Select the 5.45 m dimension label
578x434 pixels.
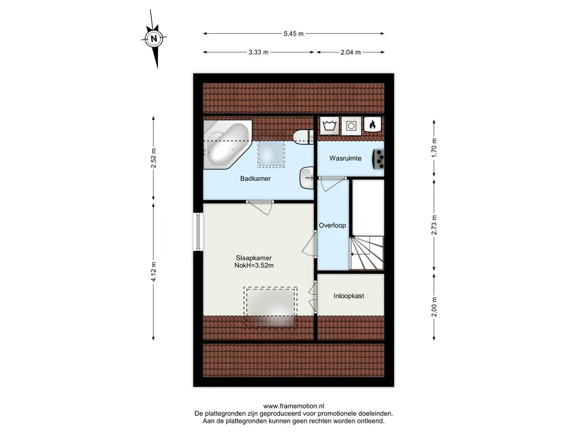[x=294, y=33]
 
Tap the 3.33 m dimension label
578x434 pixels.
[x=258, y=53]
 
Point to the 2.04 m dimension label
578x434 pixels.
[x=350, y=53]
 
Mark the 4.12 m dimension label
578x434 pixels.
[x=154, y=271]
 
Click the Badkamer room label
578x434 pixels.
[x=256, y=179]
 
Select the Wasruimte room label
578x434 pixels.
[x=345, y=158]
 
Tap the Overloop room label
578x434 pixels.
[x=332, y=225]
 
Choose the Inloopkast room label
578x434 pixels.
[x=349, y=296]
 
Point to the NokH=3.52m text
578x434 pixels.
[x=254, y=266]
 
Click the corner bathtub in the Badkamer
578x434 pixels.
[x=227, y=144]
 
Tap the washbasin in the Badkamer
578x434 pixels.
[x=306, y=178]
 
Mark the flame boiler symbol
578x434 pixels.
[x=373, y=124]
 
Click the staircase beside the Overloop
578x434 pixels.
[x=366, y=253]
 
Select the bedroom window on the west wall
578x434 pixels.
[x=198, y=232]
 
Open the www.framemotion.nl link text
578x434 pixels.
[x=294, y=406]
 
